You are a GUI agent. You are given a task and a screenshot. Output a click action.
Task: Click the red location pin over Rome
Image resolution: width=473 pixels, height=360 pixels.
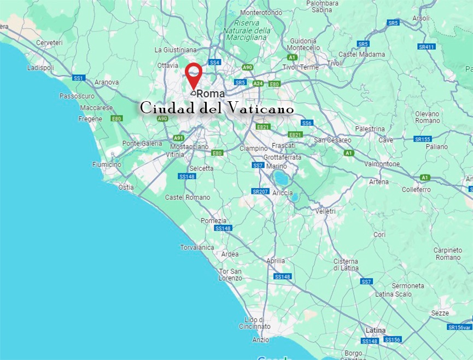pyautogui.click(x=193, y=74)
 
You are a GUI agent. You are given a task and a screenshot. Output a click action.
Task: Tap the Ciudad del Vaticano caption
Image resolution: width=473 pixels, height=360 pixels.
pyautogui.click(x=217, y=108)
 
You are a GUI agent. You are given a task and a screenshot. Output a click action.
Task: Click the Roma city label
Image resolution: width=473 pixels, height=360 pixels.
pyautogui.click(x=211, y=94)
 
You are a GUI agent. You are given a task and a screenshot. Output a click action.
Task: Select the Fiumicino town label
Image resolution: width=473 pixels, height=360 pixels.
pyautogui.click(x=107, y=164)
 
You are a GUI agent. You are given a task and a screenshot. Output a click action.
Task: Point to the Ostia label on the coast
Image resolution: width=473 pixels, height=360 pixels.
pyautogui.click(x=126, y=187)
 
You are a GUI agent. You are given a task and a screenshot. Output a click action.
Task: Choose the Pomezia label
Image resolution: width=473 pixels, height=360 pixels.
pyautogui.click(x=214, y=220)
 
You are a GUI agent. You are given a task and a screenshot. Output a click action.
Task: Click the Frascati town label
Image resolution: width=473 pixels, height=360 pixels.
pyautogui.click(x=283, y=146)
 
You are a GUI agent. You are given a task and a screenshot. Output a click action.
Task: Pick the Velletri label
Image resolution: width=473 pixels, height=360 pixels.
pyautogui.click(x=325, y=211)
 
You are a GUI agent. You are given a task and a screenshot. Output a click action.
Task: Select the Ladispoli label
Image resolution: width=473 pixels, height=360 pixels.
pyautogui.click(x=40, y=68)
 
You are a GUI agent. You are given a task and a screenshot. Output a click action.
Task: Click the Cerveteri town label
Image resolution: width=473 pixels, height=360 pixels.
pyautogui.click(x=50, y=43)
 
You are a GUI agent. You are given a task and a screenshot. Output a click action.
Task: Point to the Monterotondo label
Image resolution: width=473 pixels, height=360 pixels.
pyautogui.click(x=260, y=13)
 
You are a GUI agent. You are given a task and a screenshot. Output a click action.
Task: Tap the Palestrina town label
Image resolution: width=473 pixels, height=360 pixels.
pyautogui.click(x=370, y=129)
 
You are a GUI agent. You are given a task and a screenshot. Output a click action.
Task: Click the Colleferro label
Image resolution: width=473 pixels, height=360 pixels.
pyautogui.click(x=416, y=190)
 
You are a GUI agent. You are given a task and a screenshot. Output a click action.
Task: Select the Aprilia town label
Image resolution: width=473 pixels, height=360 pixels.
pyautogui.click(x=275, y=261)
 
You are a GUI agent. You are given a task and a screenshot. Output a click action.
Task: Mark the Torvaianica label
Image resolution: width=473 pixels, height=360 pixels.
pyautogui.click(x=197, y=247)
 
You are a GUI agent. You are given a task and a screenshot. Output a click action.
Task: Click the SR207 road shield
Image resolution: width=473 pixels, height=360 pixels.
pyautogui.click(x=260, y=191)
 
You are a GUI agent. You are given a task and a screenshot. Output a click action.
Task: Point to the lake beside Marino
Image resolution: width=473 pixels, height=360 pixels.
pyautogui.click(x=280, y=177)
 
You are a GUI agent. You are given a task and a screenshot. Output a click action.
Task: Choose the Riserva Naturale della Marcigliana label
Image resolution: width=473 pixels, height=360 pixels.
pyautogui.click(x=252, y=31)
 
